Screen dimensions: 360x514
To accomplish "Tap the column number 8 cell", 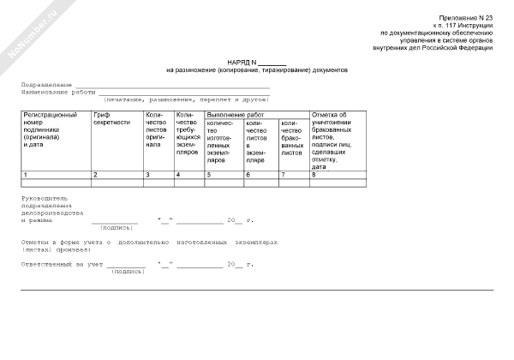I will click(x=337, y=175).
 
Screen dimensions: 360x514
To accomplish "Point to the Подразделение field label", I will click(x=46, y=86).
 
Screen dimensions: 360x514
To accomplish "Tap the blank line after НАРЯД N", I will click(x=272, y=62).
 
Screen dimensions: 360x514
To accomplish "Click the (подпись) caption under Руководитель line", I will click(x=117, y=228).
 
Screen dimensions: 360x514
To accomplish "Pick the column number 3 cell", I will click(x=158, y=175).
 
